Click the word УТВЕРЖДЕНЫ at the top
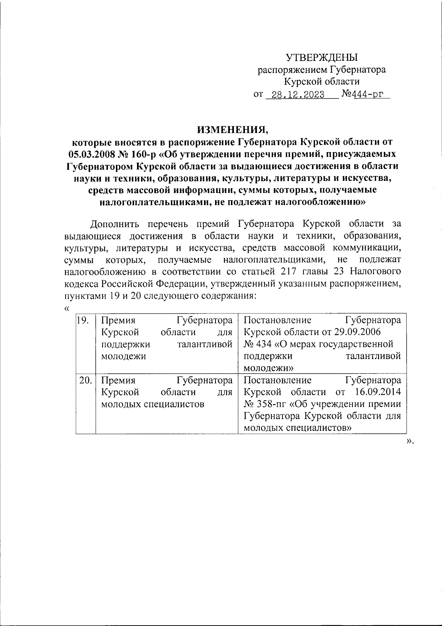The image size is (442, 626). (x=322, y=57)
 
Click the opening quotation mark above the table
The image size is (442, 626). (x=67, y=308)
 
